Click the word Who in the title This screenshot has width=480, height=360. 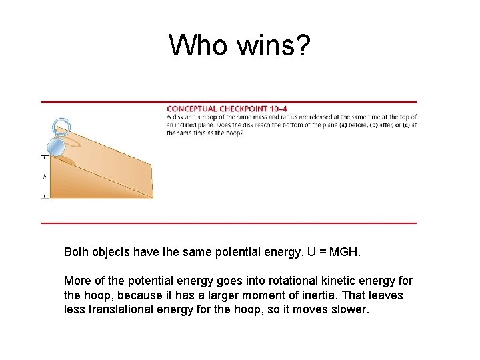(198, 45)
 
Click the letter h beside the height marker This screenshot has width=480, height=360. (45, 177)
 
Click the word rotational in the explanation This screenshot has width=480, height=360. (297, 281)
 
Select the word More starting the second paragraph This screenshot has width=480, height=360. (77, 281)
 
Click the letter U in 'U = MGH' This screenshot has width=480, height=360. (305, 252)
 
